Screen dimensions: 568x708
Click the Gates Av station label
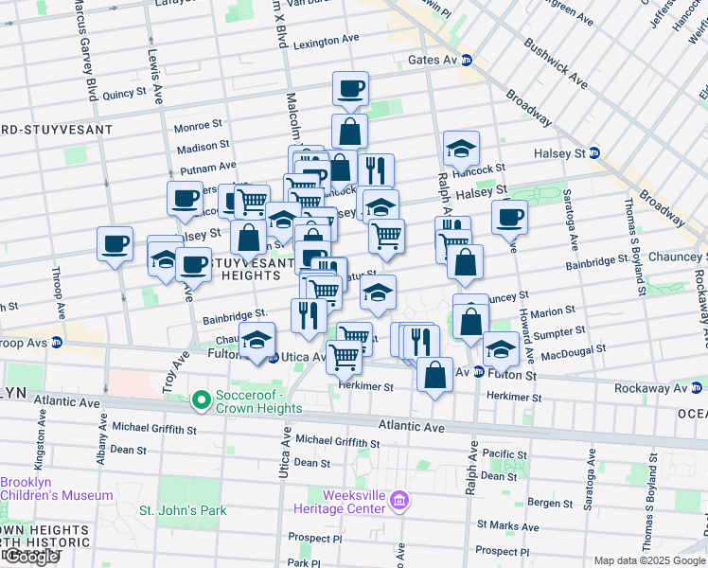(438, 60)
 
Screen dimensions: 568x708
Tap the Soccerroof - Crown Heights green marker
(200, 401)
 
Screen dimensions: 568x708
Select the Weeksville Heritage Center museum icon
(398, 499)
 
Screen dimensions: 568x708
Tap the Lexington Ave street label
(327, 43)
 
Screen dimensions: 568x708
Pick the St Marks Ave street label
(507, 525)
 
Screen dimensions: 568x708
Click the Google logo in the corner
(30, 557)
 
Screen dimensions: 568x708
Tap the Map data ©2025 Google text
(649, 560)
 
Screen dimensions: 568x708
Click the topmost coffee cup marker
(350, 89)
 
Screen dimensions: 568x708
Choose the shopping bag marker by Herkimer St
(434, 374)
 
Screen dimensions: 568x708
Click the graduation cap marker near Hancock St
(461, 149)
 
